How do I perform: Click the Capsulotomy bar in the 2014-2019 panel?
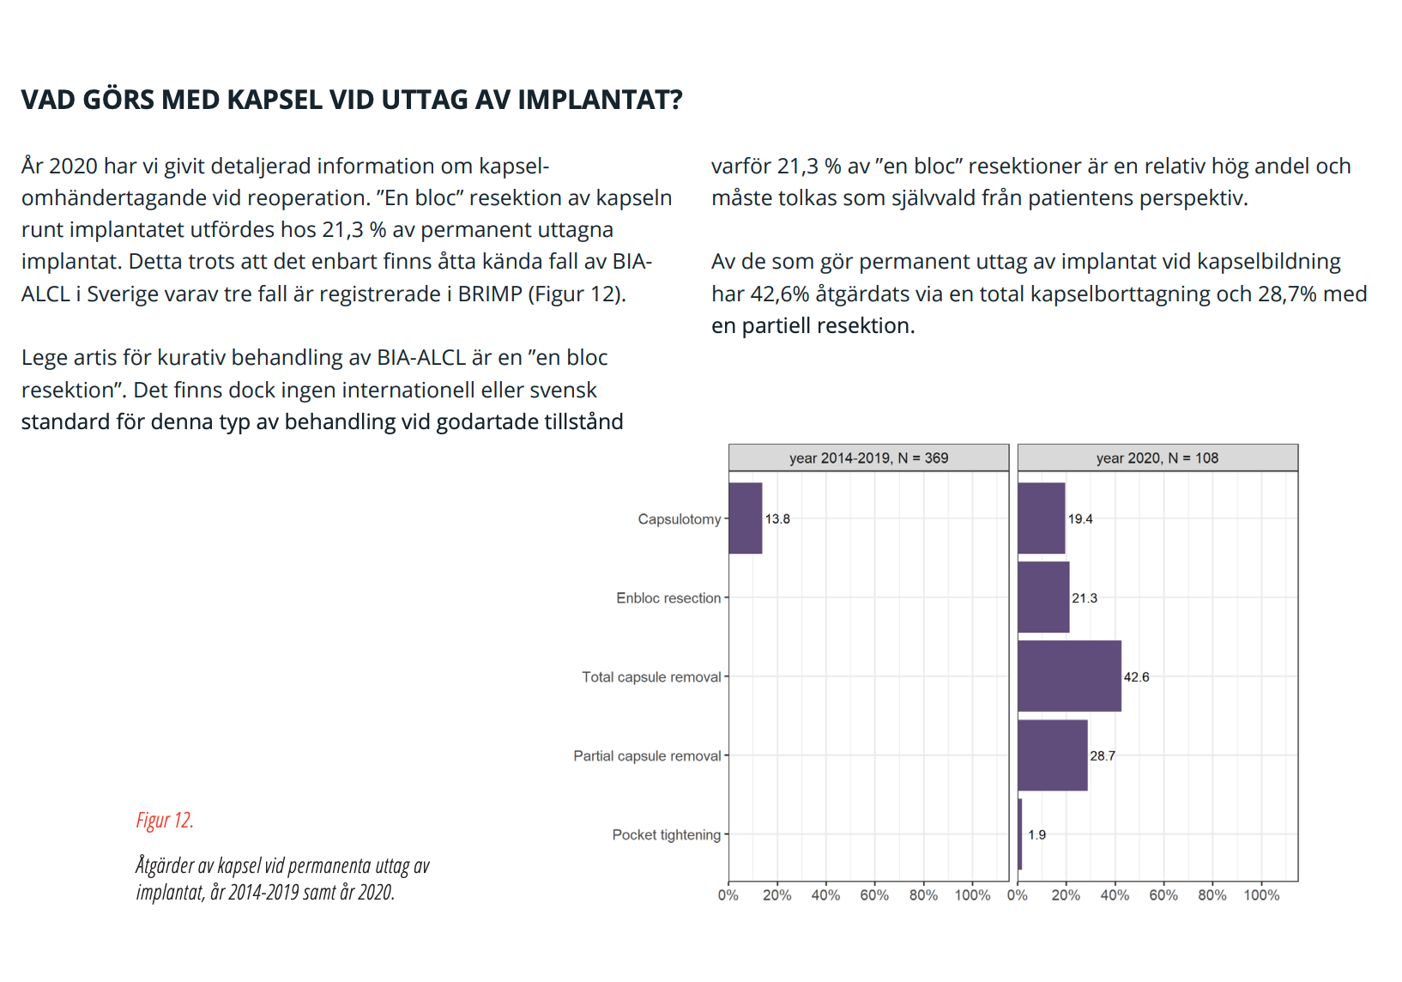pyautogui.click(x=746, y=518)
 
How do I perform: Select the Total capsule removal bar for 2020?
pyautogui.click(x=1070, y=676)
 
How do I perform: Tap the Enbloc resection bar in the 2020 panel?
pyautogui.click(x=1044, y=597)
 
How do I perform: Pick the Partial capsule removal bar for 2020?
pyautogui.click(x=1053, y=755)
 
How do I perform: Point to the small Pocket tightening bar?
pyautogui.click(x=1020, y=834)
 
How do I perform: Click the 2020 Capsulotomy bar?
pyautogui.click(x=1042, y=518)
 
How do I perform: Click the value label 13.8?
pyautogui.click(x=777, y=519)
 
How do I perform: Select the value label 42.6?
pyautogui.click(x=1137, y=677)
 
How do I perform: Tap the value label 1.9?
pyautogui.click(x=1037, y=835)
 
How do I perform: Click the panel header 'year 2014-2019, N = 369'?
pyautogui.click(x=868, y=458)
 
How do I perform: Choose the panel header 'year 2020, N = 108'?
pyautogui.click(x=1157, y=458)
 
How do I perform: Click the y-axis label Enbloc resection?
pyautogui.click(x=668, y=598)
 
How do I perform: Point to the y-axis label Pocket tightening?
pyautogui.click(x=667, y=835)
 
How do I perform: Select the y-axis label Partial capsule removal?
pyautogui.click(x=647, y=756)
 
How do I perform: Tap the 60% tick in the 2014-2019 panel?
pyautogui.click(x=874, y=895)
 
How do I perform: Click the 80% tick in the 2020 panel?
pyautogui.click(x=1212, y=895)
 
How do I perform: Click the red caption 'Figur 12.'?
pyautogui.click(x=166, y=821)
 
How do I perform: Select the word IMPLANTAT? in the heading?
pyautogui.click(x=601, y=100)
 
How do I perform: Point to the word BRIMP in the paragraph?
pyautogui.click(x=490, y=294)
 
